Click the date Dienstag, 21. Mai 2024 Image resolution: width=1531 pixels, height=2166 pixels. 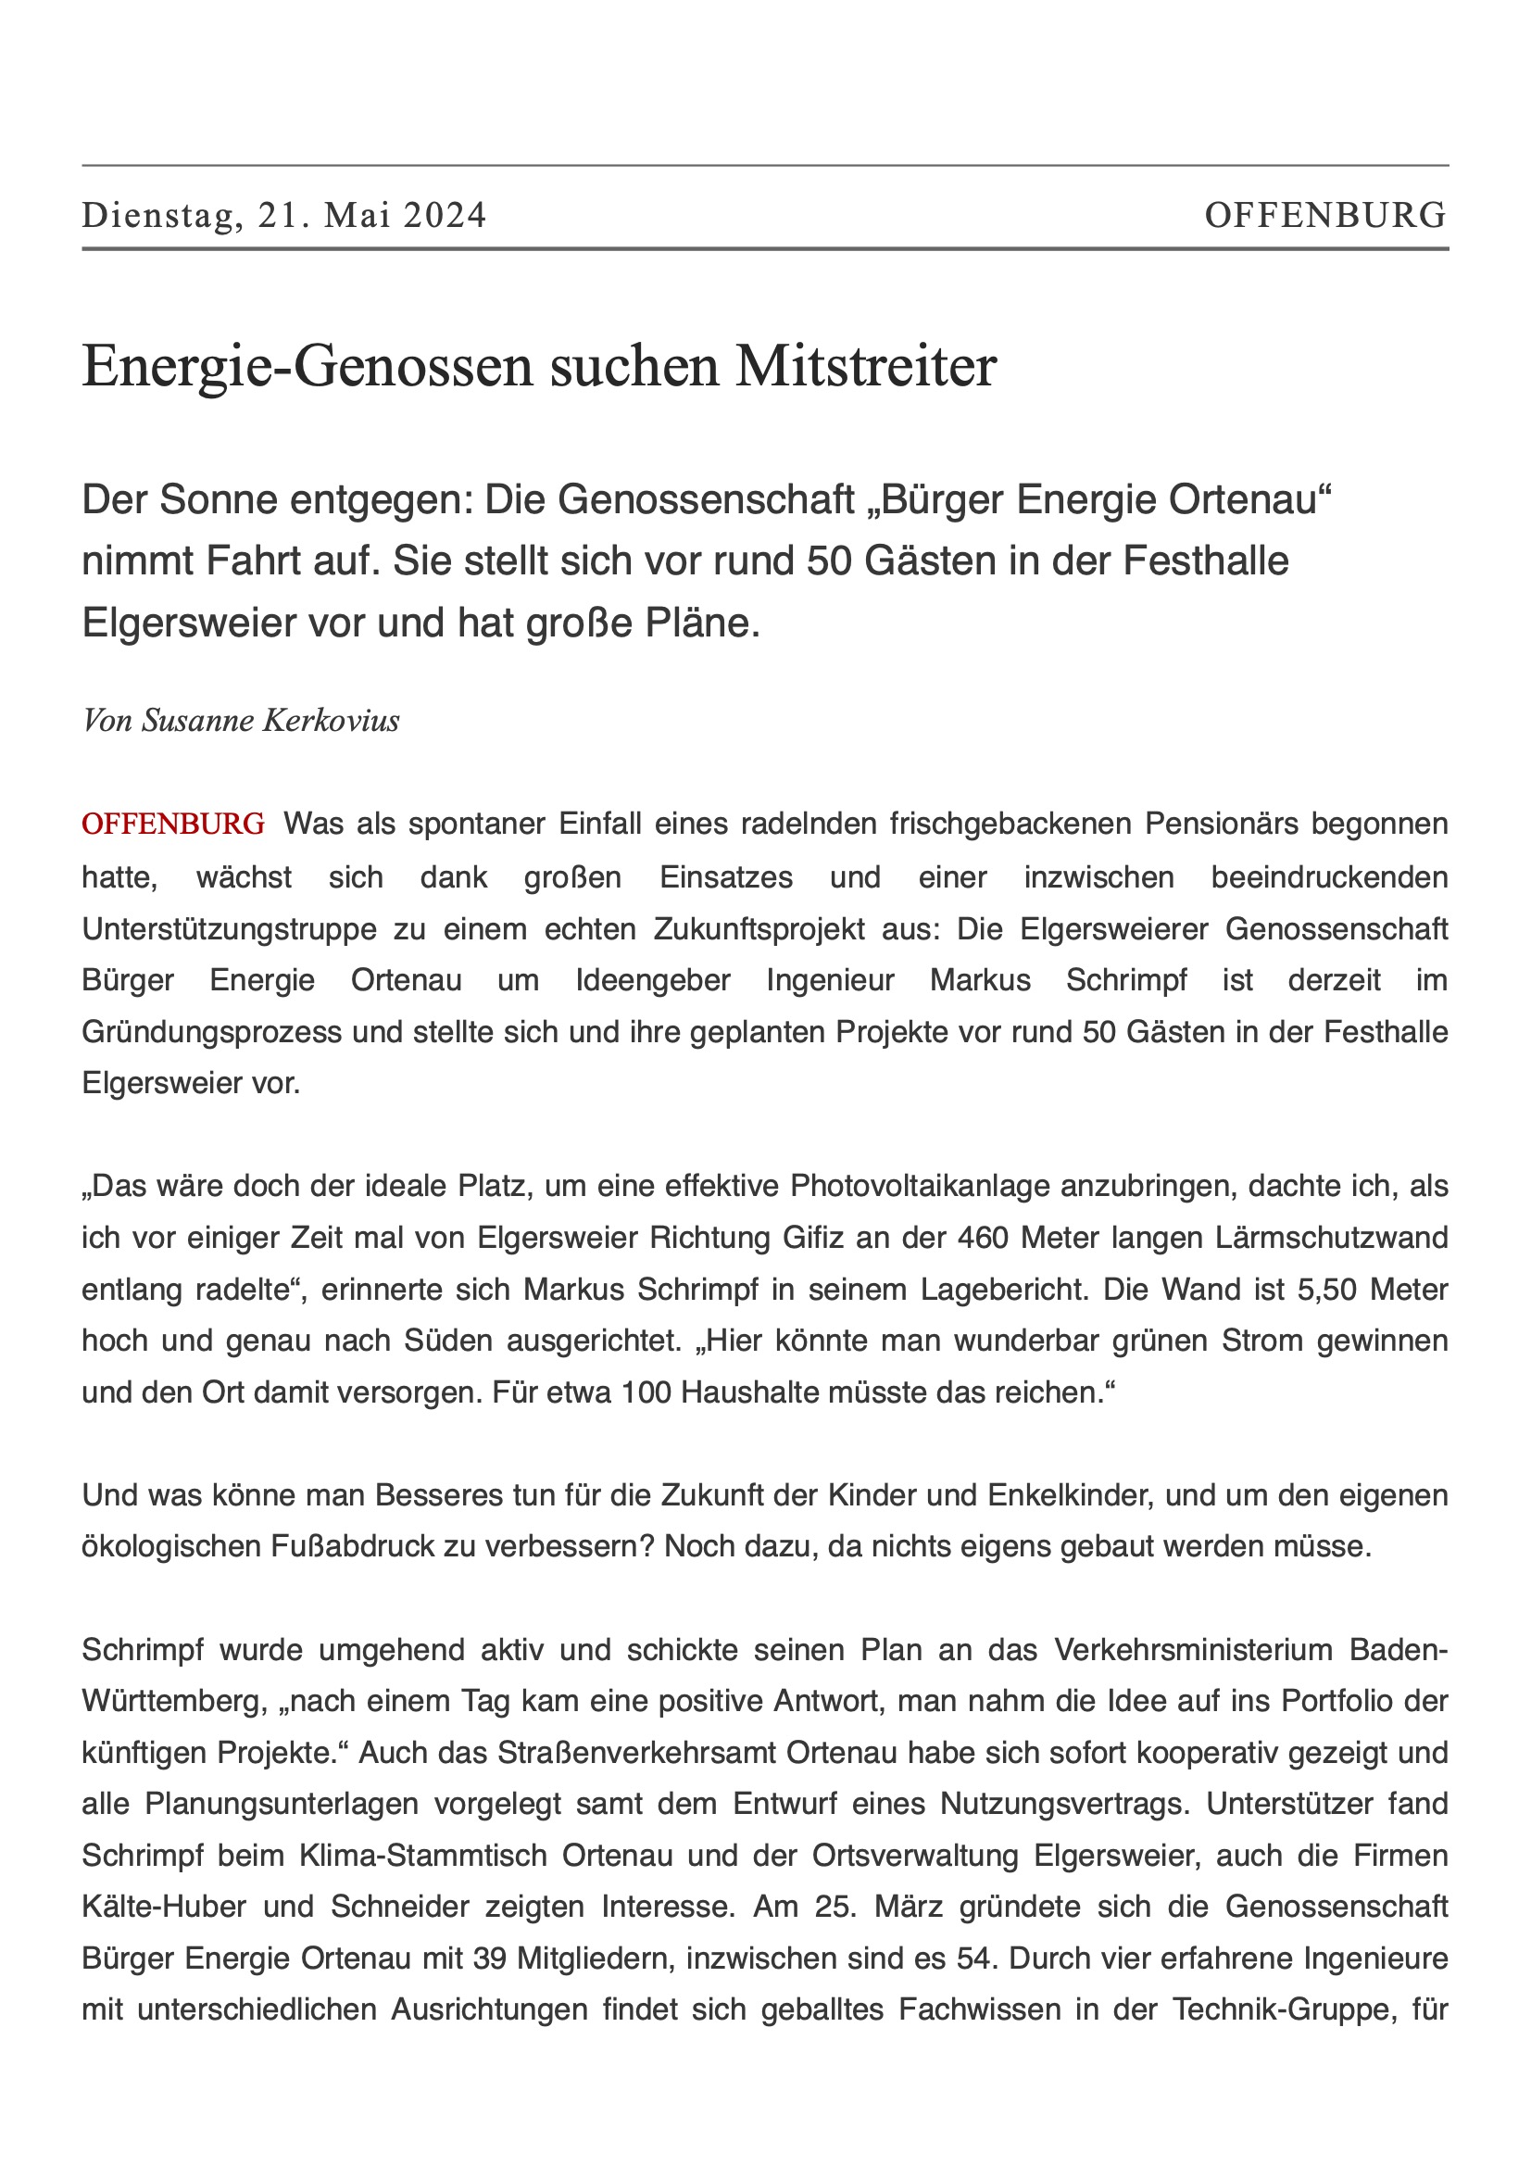tap(284, 216)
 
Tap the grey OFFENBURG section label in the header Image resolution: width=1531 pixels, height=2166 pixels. tap(1324, 216)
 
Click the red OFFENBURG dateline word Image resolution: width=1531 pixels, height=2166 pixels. tap(173, 824)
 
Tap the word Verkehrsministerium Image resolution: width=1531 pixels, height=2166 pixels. tap(1192, 1650)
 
